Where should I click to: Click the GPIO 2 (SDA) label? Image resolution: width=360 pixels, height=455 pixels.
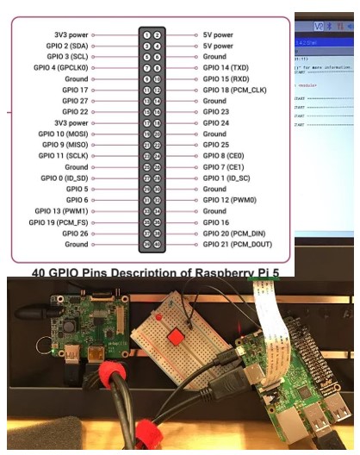[x=65, y=45]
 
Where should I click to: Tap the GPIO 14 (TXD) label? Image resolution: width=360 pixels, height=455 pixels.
[x=225, y=67]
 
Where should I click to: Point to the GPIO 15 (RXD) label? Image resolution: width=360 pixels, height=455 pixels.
[x=225, y=78]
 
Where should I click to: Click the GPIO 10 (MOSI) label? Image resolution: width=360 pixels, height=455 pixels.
[x=62, y=134]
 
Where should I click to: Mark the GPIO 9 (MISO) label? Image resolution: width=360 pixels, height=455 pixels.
[x=64, y=145]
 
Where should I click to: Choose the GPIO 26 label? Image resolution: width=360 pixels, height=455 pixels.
[x=73, y=234]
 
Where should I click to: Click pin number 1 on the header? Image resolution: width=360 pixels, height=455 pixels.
[x=147, y=34]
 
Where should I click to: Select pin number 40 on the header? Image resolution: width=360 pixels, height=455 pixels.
[x=158, y=245]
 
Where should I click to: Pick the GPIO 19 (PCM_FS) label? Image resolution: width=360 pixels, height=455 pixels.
[x=59, y=222]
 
